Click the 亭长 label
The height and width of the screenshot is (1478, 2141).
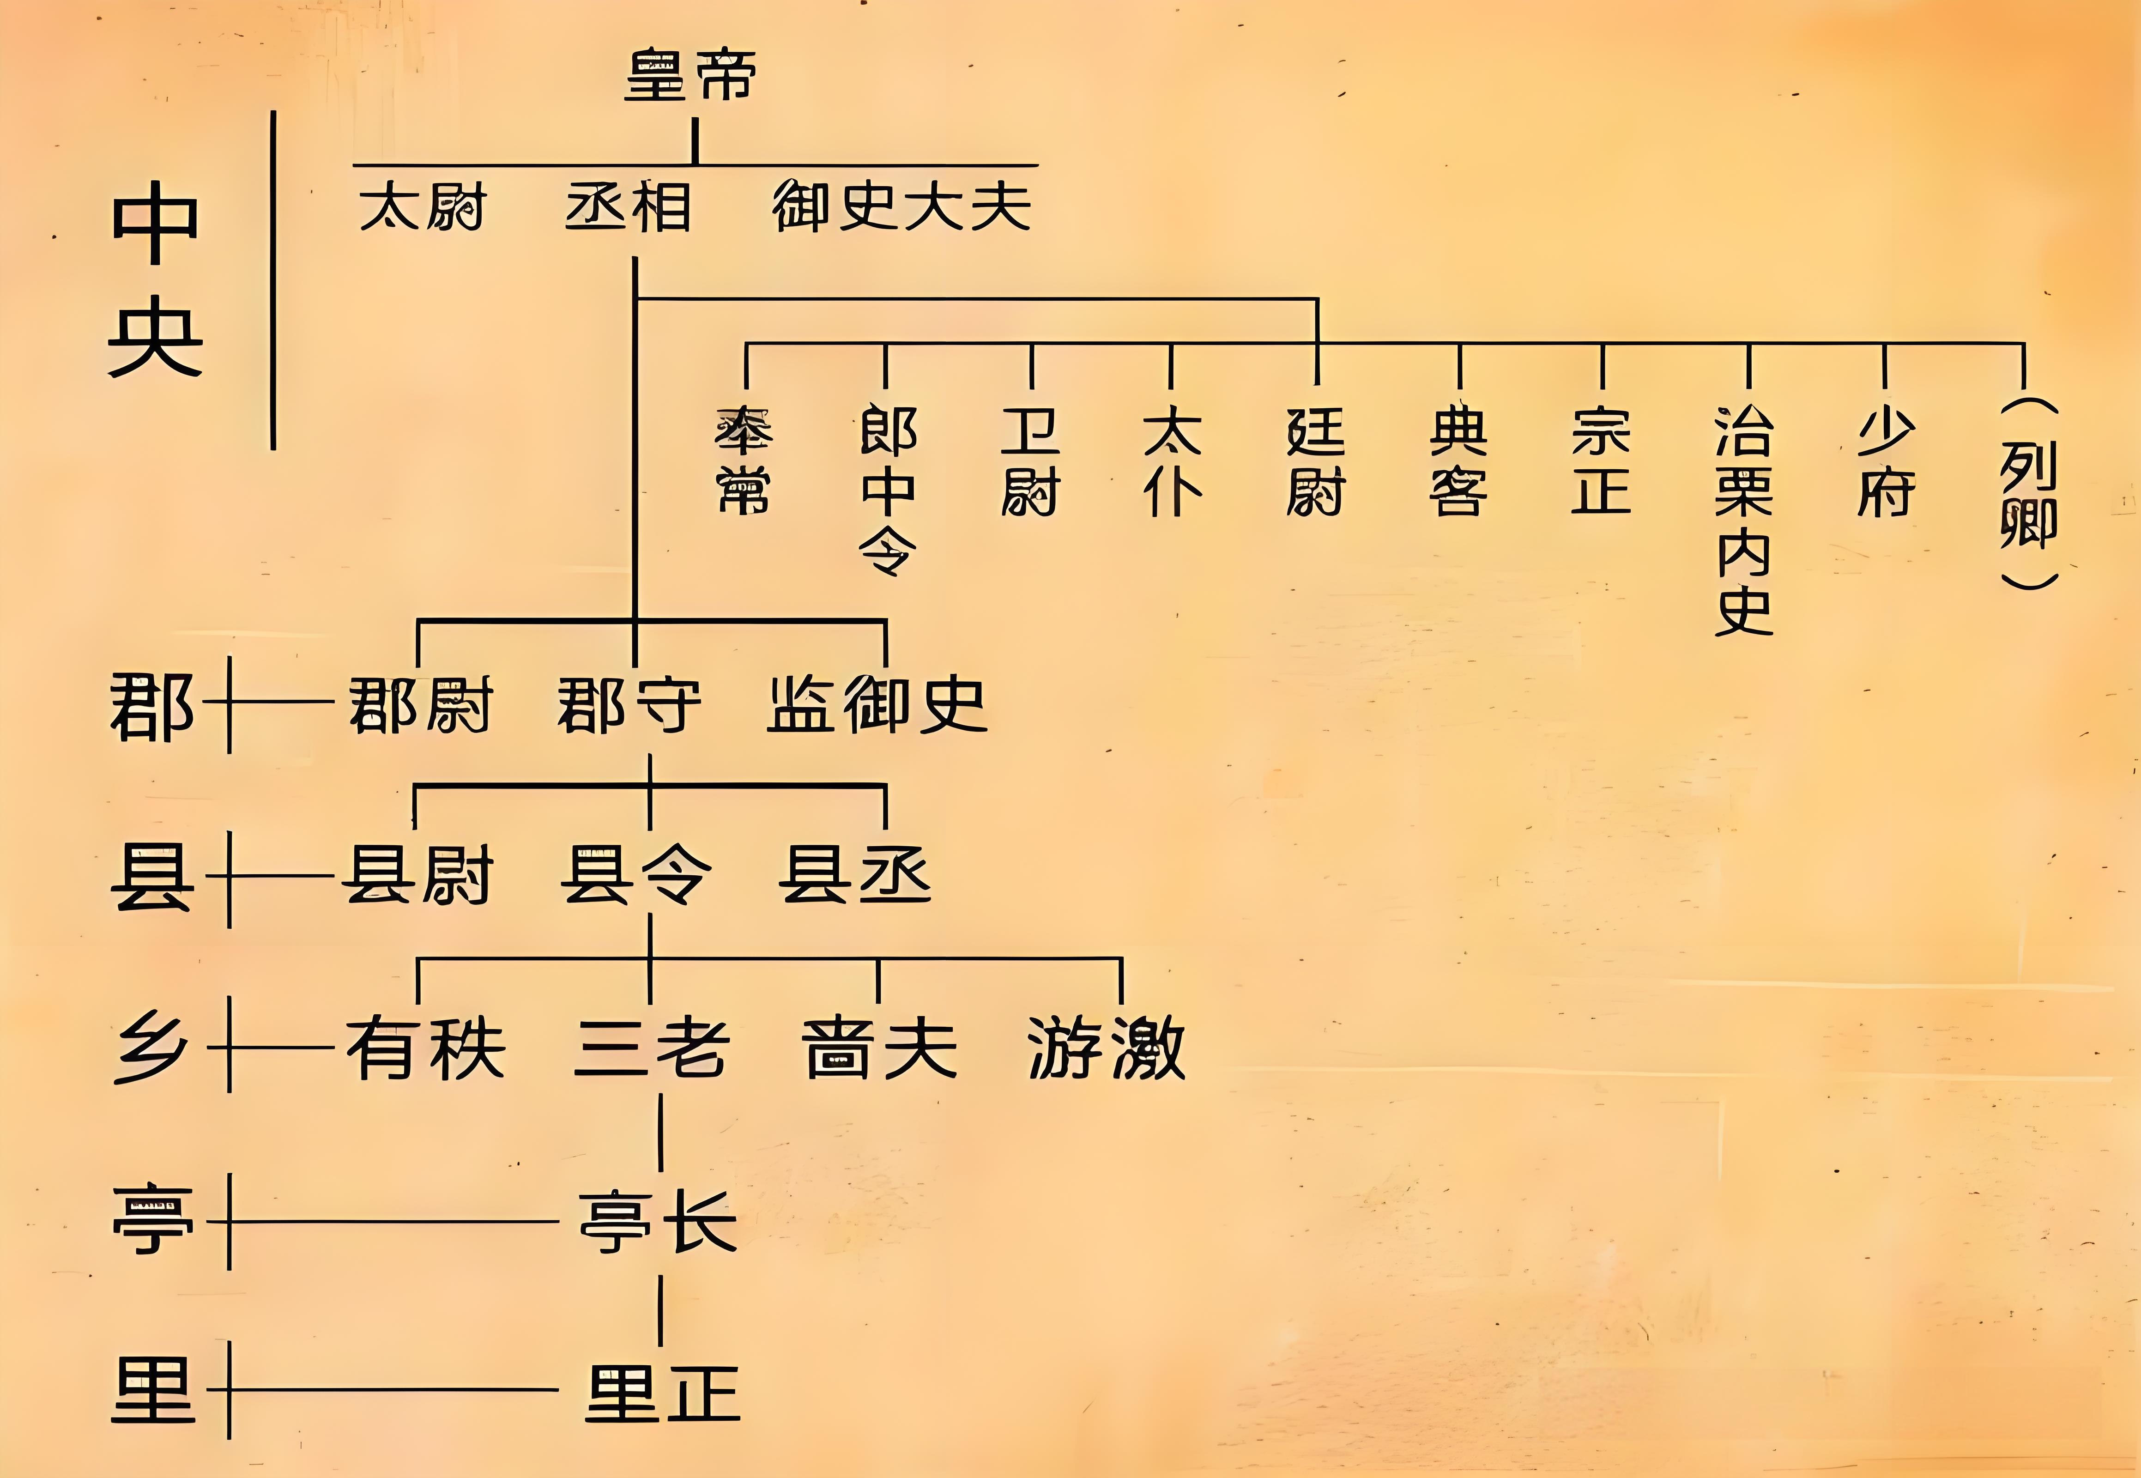coord(658,1221)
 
